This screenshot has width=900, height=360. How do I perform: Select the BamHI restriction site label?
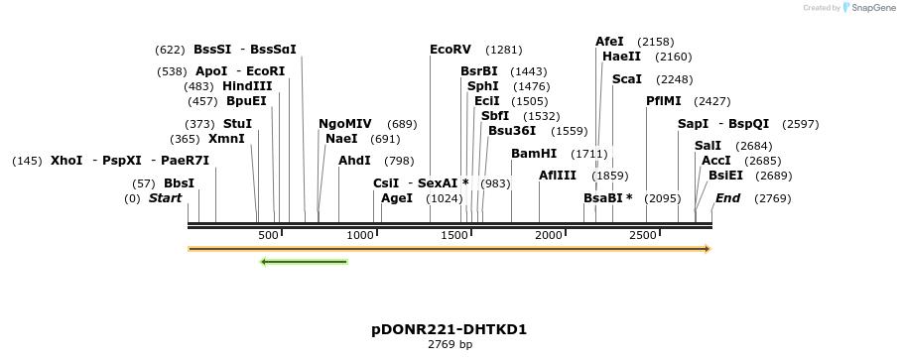(534, 154)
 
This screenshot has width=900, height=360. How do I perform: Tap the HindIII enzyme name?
(247, 86)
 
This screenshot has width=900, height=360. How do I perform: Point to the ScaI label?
(627, 79)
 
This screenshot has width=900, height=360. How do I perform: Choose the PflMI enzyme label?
(664, 101)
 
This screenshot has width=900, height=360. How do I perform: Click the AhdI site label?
(354, 161)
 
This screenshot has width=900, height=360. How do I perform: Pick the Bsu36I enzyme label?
(512, 131)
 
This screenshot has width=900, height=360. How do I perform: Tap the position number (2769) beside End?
(772, 198)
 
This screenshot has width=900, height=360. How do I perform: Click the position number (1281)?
(503, 50)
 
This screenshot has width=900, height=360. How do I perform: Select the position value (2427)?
(711, 101)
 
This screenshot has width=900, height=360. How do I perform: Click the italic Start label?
(166, 198)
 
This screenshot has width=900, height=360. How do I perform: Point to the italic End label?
(727, 198)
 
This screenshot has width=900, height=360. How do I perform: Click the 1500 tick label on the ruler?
(454, 234)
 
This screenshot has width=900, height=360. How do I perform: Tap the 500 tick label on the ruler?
(268, 234)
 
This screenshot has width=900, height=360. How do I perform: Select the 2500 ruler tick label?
(643, 234)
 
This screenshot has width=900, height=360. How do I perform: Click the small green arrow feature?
(304, 262)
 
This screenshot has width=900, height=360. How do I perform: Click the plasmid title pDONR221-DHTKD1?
(449, 328)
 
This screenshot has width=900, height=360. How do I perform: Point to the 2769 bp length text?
(450, 344)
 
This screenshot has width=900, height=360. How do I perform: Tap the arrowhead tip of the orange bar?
(708, 249)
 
